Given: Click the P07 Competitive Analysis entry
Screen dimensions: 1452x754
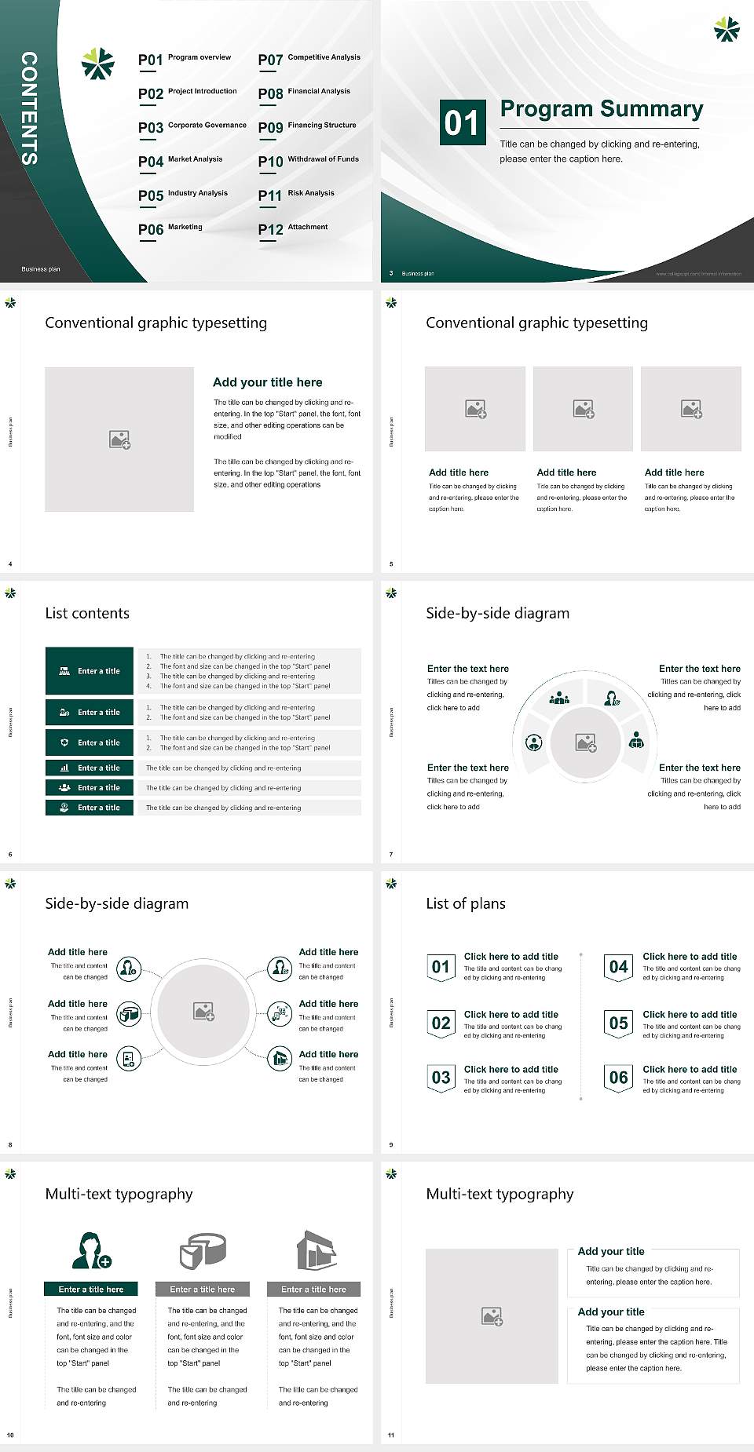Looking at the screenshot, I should pos(309,59).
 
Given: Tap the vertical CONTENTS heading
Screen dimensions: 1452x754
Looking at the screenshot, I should pos(29,108).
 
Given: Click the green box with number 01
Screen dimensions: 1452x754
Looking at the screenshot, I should pos(462,122).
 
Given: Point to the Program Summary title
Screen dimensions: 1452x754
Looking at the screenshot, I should pos(601,109).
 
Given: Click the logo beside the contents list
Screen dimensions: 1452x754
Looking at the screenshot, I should pos(98,64).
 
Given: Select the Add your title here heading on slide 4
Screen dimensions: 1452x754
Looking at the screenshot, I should pos(267,382).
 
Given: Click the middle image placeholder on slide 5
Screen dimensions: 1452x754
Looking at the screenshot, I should pos(583,409).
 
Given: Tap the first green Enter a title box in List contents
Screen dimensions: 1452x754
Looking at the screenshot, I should pos(90,671).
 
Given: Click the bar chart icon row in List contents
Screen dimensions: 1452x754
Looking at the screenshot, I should pos(90,768).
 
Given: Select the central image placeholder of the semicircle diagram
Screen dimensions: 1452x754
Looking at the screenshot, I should pos(585,742).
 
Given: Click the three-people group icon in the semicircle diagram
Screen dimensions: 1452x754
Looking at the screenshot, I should pos(559,697).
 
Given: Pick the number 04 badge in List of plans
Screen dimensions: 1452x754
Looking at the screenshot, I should pos(619,967).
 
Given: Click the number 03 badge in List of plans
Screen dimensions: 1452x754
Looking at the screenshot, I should pos(441,1078).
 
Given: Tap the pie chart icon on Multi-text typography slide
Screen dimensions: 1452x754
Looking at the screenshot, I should pos(203,1250).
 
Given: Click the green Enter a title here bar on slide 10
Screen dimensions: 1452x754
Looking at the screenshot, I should pos(90,1289).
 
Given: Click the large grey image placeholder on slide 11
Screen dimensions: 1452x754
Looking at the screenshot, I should pos(492,1316).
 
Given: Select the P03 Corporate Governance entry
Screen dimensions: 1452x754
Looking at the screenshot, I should pos(192,126).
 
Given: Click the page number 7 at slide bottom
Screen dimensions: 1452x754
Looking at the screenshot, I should pos(391,854).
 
